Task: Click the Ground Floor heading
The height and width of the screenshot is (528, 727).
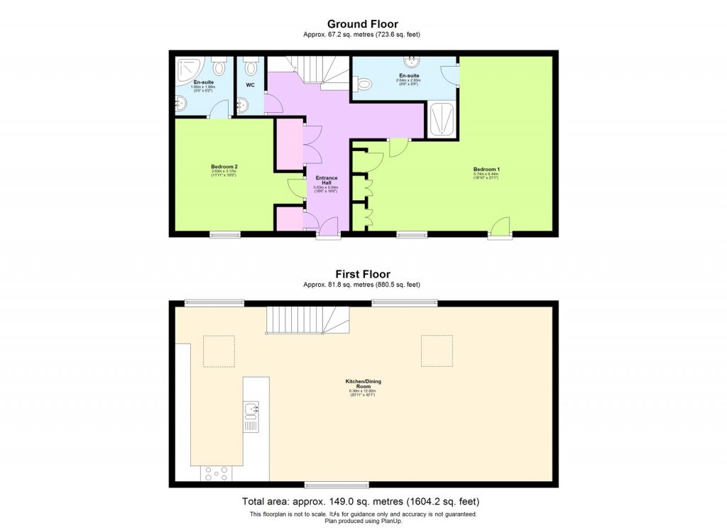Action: pyautogui.click(x=363, y=23)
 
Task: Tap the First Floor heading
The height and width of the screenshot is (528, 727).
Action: pyautogui.click(x=363, y=274)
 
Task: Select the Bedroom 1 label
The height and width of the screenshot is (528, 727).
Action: pyautogui.click(x=486, y=170)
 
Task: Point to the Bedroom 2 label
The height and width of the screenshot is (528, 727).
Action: pyautogui.click(x=224, y=167)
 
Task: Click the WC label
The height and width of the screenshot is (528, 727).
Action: pyautogui.click(x=250, y=85)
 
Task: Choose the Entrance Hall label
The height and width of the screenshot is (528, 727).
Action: pyautogui.click(x=327, y=180)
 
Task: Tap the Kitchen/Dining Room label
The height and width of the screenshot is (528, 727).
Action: pyautogui.click(x=363, y=384)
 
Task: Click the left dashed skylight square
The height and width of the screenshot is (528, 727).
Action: pyautogui.click(x=219, y=351)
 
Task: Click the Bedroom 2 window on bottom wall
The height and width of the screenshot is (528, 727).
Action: pyautogui.click(x=224, y=235)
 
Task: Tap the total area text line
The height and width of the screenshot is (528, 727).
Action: pyautogui.click(x=363, y=501)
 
